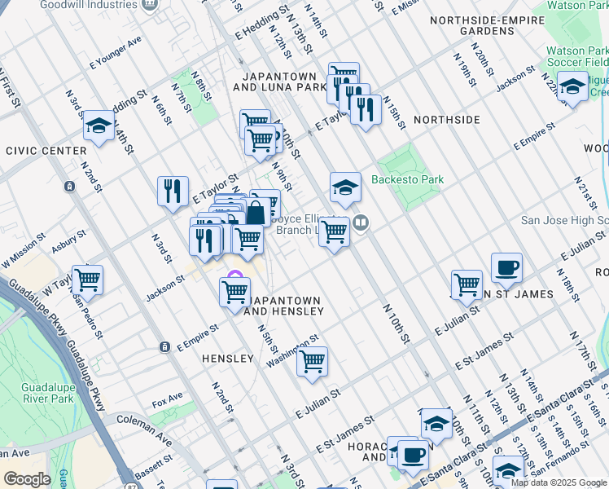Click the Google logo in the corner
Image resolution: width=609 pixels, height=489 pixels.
(x=27, y=479)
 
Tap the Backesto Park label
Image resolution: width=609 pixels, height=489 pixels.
(x=405, y=180)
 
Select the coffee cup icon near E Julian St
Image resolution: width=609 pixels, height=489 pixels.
(x=506, y=267)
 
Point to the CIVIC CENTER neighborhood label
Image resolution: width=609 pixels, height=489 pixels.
(x=46, y=151)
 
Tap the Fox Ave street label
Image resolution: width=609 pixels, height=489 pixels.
(x=168, y=403)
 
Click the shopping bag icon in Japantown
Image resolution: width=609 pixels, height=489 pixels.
(x=256, y=214)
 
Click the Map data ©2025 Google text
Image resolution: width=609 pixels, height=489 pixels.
(x=559, y=482)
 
